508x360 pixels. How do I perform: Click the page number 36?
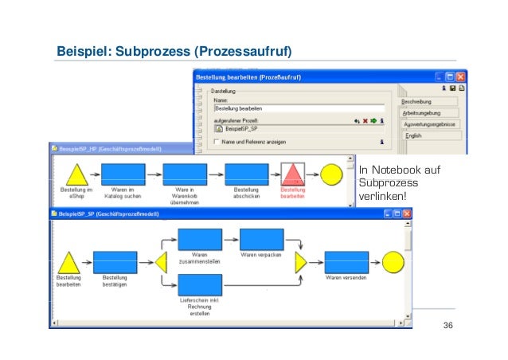tap(447, 327)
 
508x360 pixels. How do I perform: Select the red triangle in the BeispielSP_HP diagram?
tap(293, 174)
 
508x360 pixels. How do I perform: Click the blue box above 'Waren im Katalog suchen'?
tap(123, 174)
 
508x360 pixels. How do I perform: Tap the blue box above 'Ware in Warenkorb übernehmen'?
tap(185, 174)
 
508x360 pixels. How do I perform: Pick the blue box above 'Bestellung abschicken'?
tap(246, 174)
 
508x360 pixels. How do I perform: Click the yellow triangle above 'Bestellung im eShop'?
tap(74, 175)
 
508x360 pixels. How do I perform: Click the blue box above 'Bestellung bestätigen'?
tap(115, 262)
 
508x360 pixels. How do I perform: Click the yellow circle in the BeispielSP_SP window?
tap(393, 261)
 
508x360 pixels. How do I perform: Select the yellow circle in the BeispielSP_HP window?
tap(331, 174)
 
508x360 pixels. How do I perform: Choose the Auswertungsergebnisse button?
tap(428, 125)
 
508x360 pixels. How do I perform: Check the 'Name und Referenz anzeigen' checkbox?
tap(217, 142)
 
